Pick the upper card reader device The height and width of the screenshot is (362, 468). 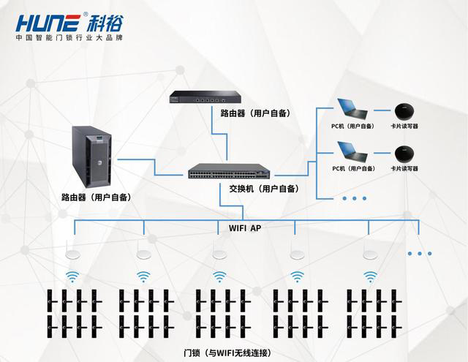[404, 113]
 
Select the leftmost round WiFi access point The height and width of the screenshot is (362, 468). [72, 254]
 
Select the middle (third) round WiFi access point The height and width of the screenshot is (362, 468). [219, 254]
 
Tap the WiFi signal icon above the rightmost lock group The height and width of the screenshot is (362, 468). [371, 276]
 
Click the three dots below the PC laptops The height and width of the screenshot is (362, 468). [354, 198]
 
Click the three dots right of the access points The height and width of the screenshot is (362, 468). [420, 254]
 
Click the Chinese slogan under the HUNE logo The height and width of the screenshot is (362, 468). [70, 37]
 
